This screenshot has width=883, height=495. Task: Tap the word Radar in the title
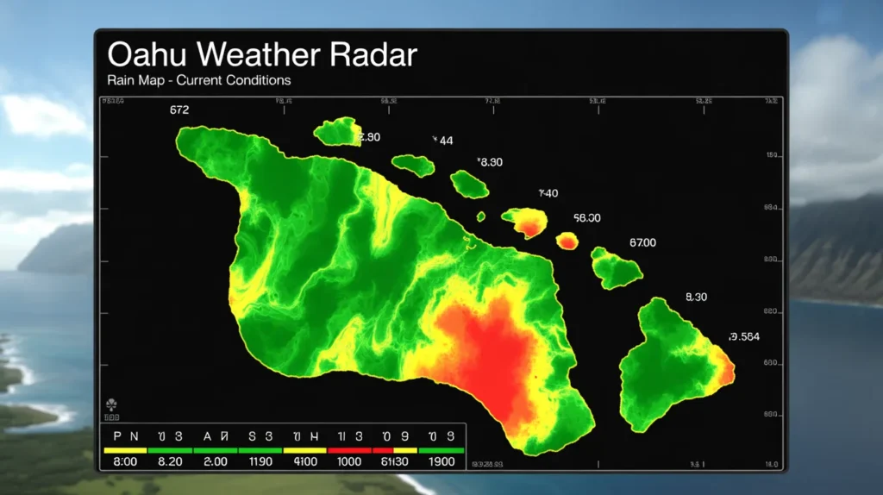pyautogui.click(x=373, y=54)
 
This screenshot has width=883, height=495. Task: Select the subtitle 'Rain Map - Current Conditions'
pyautogui.click(x=198, y=80)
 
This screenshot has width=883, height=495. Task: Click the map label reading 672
pyautogui.click(x=179, y=110)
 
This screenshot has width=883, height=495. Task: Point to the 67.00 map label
pyautogui.click(x=642, y=243)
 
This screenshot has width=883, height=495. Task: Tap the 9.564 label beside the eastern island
pyautogui.click(x=744, y=337)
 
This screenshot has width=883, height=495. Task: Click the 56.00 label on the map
pyautogui.click(x=586, y=219)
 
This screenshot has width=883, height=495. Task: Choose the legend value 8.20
pyautogui.click(x=170, y=462)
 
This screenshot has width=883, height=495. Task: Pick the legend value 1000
pyautogui.click(x=349, y=462)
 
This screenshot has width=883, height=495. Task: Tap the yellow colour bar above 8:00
pyautogui.click(x=125, y=450)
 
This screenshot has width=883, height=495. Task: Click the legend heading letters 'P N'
pyautogui.click(x=125, y=436)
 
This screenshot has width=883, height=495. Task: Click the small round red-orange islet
pyautogui.click(x=567, y=241)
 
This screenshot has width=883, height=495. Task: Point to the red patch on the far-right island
pyautogui.click(x=727, y=373)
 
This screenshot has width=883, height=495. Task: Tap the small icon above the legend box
pyautogui.click(x=110, y=404)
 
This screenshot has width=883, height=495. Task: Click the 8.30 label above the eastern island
pyautogui.click(x=696, y=297)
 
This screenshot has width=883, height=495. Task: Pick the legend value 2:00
pyautogui.click(x=215, y=462)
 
